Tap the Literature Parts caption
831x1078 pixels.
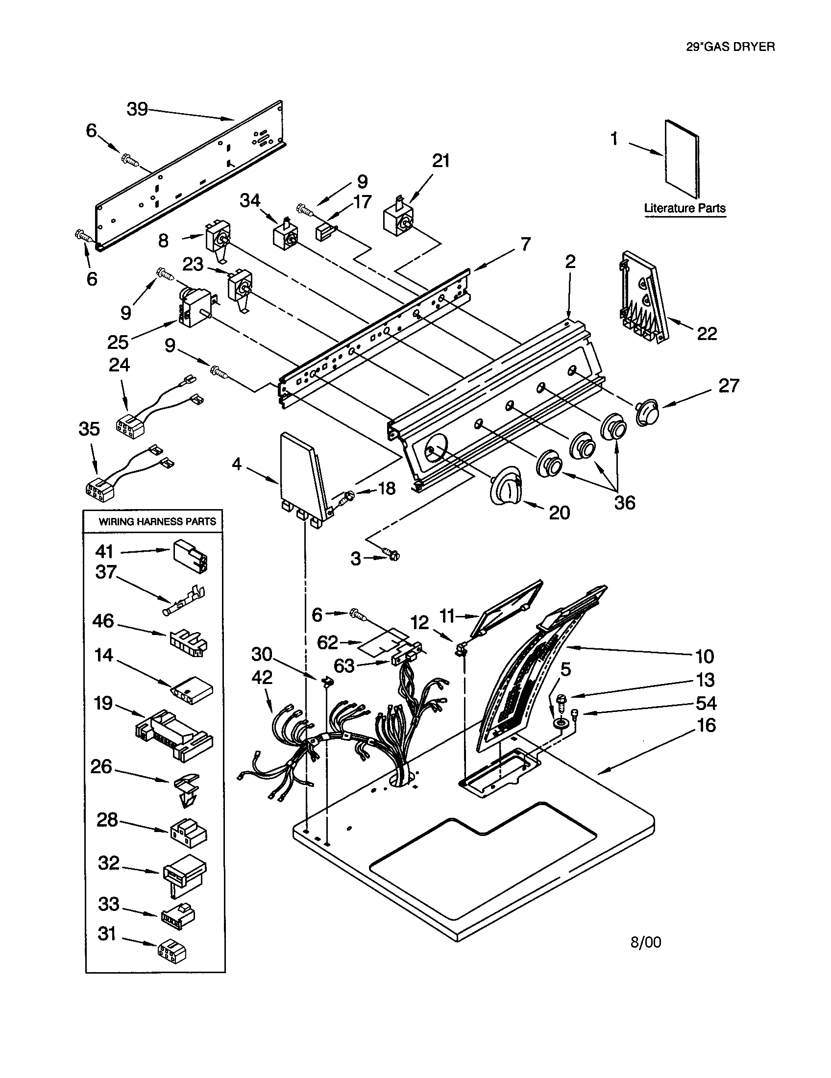[684, 208]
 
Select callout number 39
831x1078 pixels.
[137, 109]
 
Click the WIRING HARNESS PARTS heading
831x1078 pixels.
[157, 521]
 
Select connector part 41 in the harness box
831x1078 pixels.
[190, 555]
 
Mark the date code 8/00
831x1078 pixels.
[645, 942]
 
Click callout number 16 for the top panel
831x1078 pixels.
[706, 725]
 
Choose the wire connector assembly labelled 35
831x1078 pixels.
[101, 488]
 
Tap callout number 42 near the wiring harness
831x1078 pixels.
[262, 678]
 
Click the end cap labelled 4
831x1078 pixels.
[302, 477]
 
